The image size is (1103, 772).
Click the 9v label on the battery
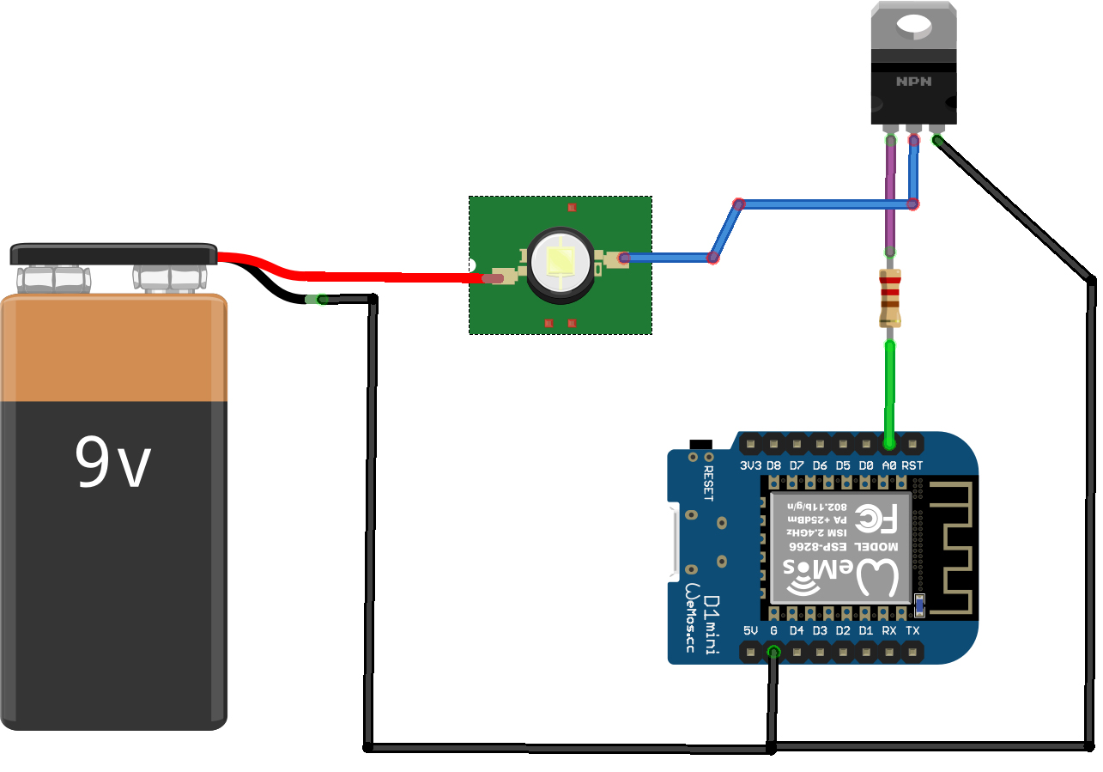pos(112,462)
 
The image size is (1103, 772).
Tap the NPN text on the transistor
pos(913,82)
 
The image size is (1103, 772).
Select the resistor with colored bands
pos(890,298)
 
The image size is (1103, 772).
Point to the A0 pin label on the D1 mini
pos(889,465)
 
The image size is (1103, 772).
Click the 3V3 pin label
pos(750,465)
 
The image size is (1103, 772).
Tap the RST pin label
pos(912,465)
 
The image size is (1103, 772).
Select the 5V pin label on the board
pos(751,631)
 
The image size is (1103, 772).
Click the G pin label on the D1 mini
pos(773,631)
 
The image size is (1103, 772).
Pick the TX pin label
pos(912,631)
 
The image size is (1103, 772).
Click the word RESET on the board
pos(709,484)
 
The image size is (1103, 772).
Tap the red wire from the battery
pos(361,276)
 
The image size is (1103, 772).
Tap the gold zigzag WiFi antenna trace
pos(953,550)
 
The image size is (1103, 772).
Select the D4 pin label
pos(797,631)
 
